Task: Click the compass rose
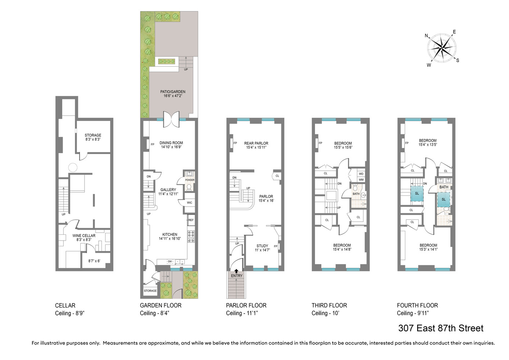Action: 442,48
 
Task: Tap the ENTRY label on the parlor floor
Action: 237,276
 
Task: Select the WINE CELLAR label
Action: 84,236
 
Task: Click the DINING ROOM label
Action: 171,143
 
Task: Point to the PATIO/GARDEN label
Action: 173,92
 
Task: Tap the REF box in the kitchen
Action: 191,220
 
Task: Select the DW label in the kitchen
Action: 170,262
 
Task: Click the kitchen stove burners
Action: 191,236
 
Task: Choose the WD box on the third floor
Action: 361,174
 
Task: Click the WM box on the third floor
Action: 361,180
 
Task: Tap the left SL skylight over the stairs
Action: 417,193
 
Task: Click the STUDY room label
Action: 262,246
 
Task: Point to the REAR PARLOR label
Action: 256,143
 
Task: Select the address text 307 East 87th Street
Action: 441,328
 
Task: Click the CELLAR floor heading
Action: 65,305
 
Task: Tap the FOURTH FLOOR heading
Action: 417,305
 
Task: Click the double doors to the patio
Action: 171,119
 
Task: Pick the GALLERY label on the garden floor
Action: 168,190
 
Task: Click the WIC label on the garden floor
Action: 189,203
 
